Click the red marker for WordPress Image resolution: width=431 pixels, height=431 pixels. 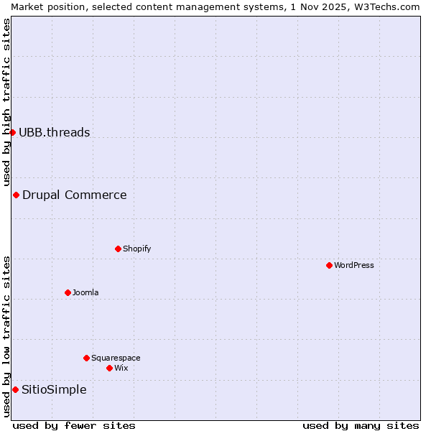click(329, 265)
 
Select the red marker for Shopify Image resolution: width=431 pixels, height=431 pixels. click(118, 249)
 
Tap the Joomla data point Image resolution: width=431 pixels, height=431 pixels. click(68, 292)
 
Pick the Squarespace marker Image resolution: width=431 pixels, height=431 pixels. click(86, 358)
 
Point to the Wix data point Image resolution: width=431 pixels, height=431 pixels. click(109, 368)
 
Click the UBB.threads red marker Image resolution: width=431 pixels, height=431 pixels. click(12, 132)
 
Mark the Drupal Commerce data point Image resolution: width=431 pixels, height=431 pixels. click(16, 195)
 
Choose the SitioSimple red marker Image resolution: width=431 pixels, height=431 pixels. click(15, 389)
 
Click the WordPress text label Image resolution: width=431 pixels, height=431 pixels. click(354, 265)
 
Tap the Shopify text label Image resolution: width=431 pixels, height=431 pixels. click(136, 249)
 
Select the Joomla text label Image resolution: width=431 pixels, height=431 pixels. click(85, 292)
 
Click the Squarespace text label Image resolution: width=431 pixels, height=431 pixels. click(116, 358)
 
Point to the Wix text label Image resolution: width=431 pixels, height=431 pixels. click(121, 368)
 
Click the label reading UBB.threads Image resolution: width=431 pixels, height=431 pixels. click(55, 132)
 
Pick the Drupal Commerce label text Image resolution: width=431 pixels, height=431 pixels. click(74, 195)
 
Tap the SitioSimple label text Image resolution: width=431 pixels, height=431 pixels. click(54, 389)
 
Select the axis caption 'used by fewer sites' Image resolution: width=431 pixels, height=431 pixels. click(74, 425)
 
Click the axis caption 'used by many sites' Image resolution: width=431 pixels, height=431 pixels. click(361, 425)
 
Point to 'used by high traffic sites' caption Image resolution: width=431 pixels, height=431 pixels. click(6, 102)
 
